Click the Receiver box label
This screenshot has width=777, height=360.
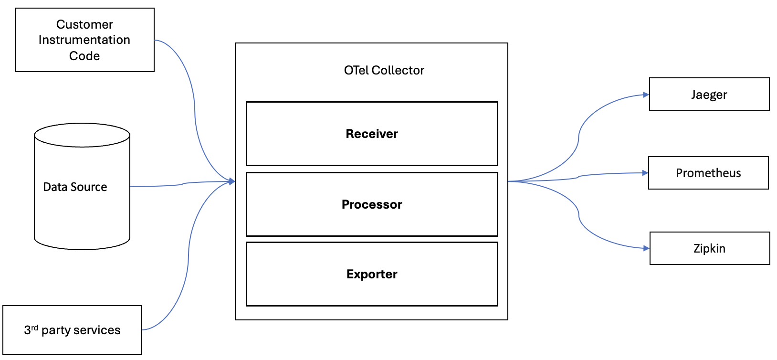pos(371,134)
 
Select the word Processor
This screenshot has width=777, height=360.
pos(371,204)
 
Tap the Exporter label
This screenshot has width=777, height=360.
pos(371,274)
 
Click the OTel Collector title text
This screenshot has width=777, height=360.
pos(384,70)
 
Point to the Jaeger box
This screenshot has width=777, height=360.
pos(709,95)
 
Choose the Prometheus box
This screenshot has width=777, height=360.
pos(708,173)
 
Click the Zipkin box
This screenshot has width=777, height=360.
pos(709,248)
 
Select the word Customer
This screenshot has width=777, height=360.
pos(84,24)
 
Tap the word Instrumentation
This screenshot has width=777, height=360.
pos(84,40)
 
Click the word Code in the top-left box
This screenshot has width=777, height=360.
pos(84,56)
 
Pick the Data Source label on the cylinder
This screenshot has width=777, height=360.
pos(75,187)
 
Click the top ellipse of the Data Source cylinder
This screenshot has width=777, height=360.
pos(82,135)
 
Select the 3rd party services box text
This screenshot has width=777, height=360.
pos(73,330)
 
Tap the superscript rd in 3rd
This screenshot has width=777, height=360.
pos(34,328)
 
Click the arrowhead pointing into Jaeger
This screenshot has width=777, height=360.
pos(646,95)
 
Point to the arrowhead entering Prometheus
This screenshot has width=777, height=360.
pos(645,173)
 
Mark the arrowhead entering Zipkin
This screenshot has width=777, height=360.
pos(647,248)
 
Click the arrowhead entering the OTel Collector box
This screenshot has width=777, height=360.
pos(232,181)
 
